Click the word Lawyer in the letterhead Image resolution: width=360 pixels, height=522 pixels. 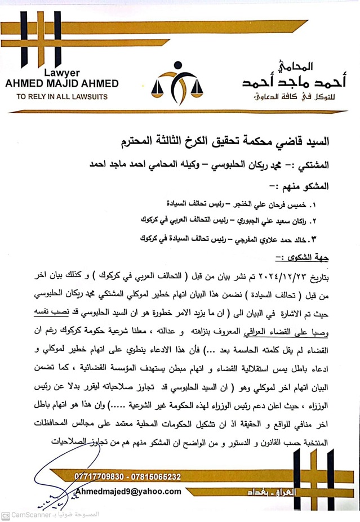pyautogui.click(x=62, y=73)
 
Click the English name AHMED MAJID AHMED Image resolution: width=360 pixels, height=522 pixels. pyautogui.click(x=62, y=84)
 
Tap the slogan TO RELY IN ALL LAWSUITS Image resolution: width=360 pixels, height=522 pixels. pyautogui.click(x=62, y=96)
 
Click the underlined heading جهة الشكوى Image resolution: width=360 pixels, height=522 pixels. pyautogui.click(x=311, y=256)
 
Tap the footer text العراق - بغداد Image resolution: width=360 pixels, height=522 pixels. pyautogui.click(x=259, y=492)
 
